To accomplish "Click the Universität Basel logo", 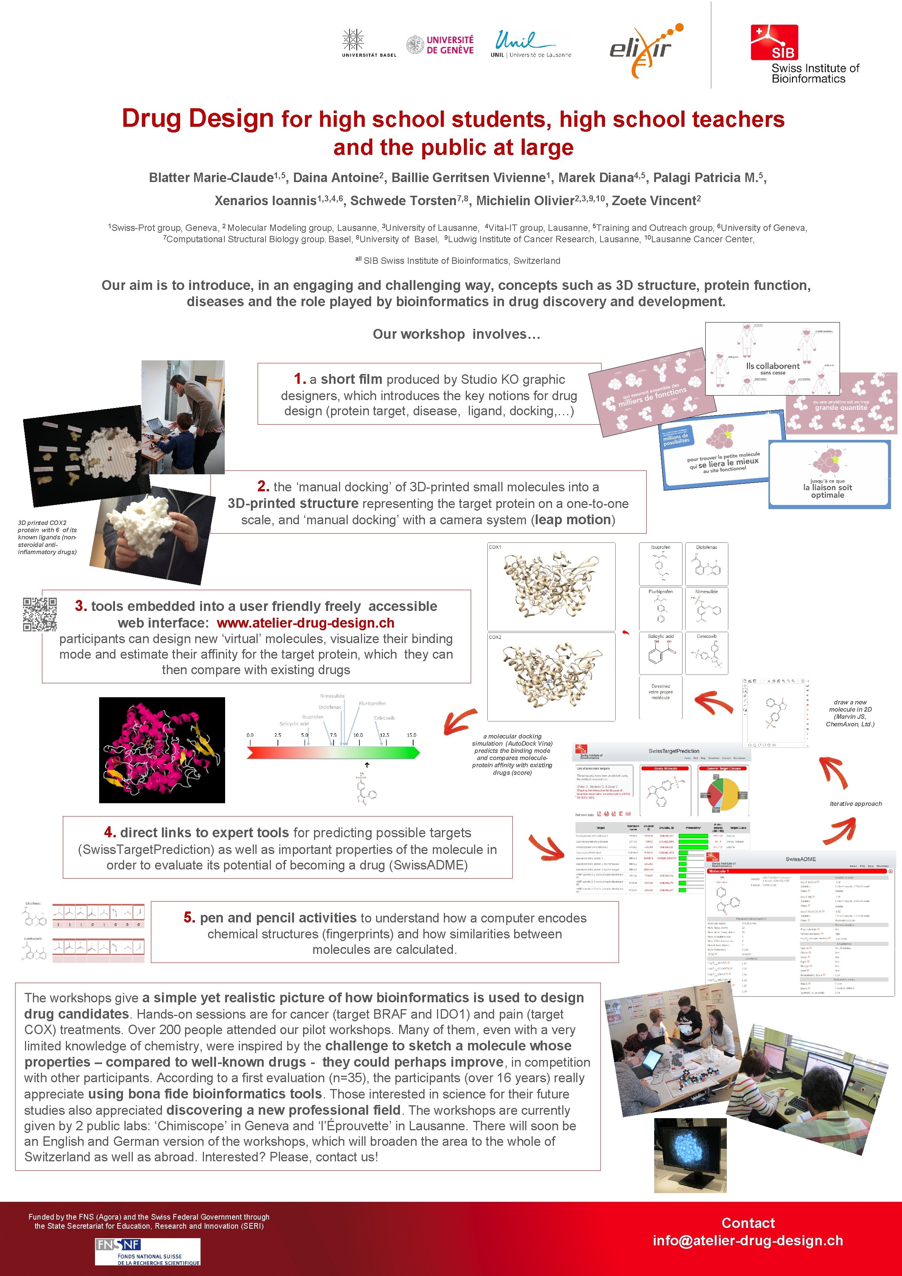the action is [368, 44].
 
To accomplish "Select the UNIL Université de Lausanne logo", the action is [530, 44].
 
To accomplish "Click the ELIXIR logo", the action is [644, 49].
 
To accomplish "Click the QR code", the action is [39, 614].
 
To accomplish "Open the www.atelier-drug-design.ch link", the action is [305, 623].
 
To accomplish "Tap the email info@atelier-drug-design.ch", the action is [748, 1240].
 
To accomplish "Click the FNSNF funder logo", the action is [147, 1251].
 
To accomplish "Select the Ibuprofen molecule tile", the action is [660, 564].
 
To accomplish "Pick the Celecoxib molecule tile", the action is [706, 653].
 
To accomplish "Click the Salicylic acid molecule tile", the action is [660, 653].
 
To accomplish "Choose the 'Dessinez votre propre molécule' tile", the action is [660, 697].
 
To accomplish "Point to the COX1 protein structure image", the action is [551, 586].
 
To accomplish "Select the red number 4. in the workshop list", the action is [109, 832].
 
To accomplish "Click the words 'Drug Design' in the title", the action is [198, 118].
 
